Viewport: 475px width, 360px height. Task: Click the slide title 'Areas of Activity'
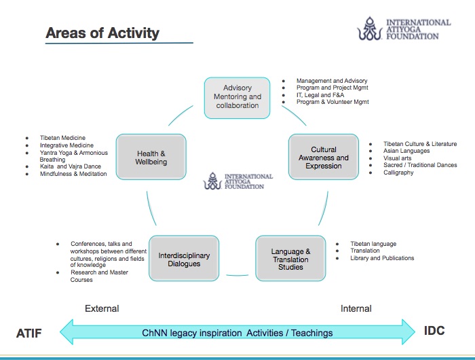[102, 33]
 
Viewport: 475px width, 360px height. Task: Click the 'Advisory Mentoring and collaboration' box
[237, 96]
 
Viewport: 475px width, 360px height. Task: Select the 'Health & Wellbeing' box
[151, 158]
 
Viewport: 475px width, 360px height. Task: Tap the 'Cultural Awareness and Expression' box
[324, 158]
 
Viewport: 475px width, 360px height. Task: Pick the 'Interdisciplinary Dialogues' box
[184, 259]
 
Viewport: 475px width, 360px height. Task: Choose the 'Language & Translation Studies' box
[290, 259]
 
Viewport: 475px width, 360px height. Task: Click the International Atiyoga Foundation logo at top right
[403, 31]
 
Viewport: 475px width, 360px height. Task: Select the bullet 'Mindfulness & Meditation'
[73, 174]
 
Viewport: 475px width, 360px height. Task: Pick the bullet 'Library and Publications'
[382, 258]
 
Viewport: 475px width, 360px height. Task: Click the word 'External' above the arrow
[102, 308]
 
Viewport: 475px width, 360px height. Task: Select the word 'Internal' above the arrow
[356, 308]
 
